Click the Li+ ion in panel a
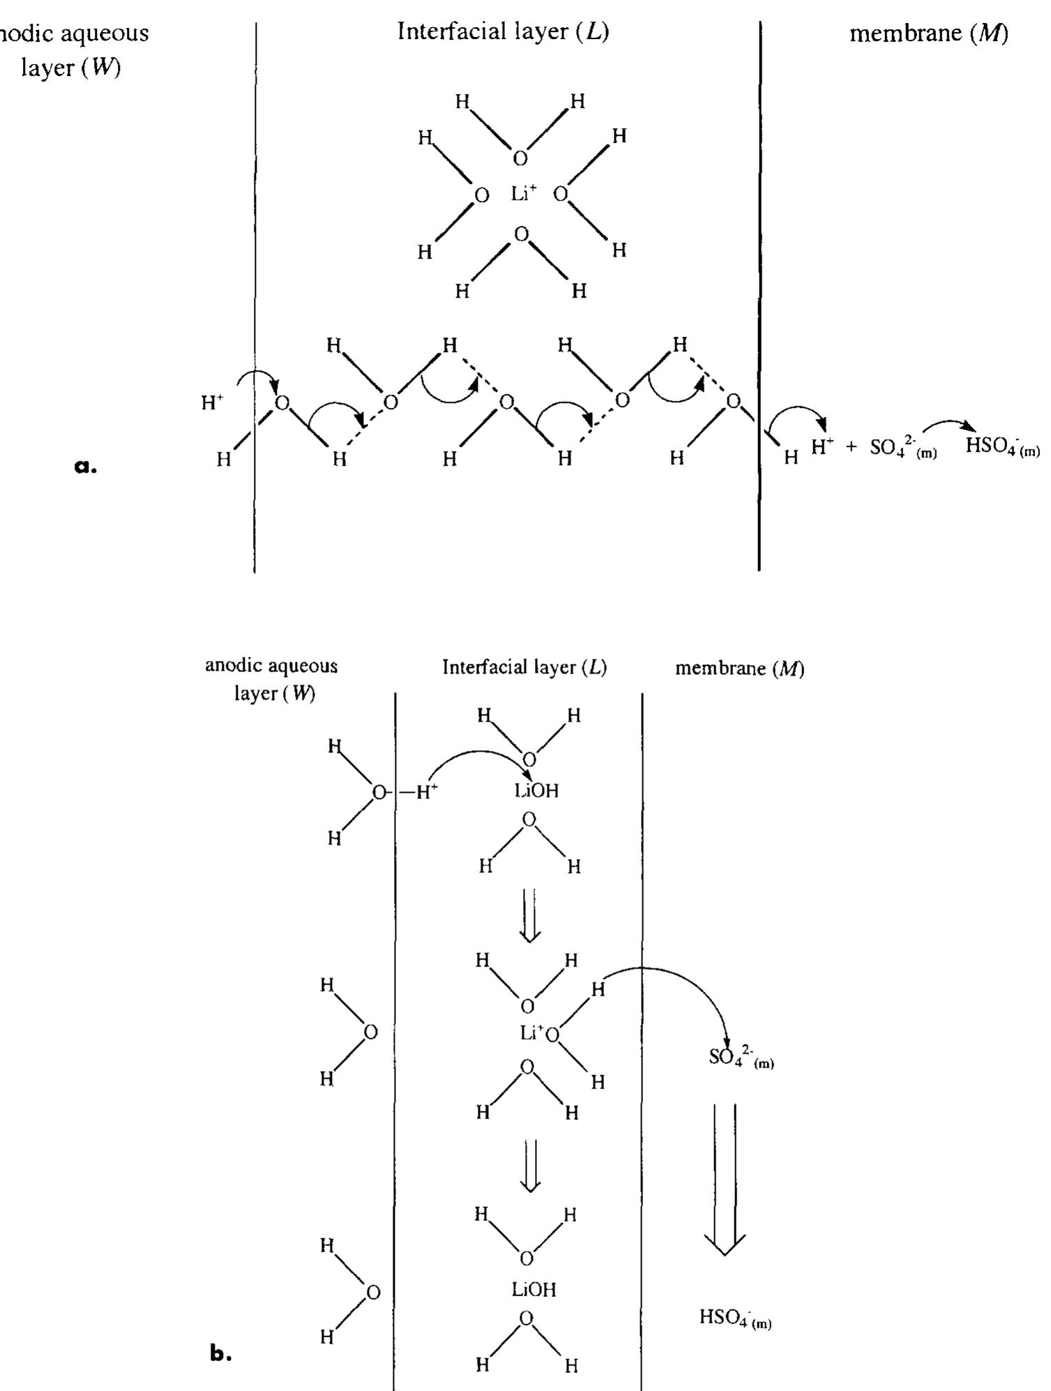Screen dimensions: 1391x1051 [x=524, y=193]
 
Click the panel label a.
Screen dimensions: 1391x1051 [x=86, y=466]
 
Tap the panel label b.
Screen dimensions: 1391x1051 [x=220, y=1353]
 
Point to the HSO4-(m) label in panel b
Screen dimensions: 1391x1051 [x=735, y=1318]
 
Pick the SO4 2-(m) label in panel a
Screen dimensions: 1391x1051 [x=903, y=448]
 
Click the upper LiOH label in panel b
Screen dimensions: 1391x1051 [x=536, y=791]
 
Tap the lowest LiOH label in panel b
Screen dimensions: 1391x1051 [x=534, y=1290]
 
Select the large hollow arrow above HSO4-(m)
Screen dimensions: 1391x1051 [x=725, y=1178]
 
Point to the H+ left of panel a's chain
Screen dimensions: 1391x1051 [x=212, y=402]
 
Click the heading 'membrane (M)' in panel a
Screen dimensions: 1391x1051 [x=928, y=33]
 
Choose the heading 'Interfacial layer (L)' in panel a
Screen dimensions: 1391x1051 [x=503, y=31]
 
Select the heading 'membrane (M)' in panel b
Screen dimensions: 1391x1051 [x=739, y=668]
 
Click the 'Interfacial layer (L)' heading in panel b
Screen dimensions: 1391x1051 [x=524, y=667]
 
